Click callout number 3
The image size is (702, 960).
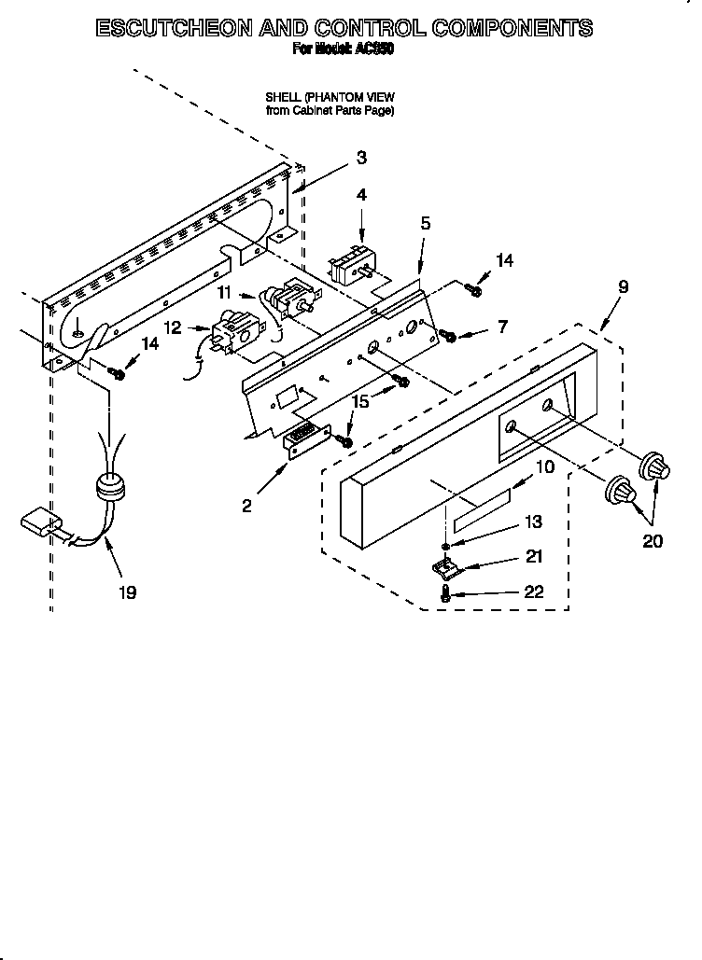pos(360,158)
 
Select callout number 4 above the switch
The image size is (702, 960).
pos(361,195)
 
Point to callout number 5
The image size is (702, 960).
pos(425,223)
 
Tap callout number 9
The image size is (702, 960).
pos(623,287)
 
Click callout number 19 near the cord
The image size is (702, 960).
pos(127,591)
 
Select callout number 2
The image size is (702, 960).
pos(246,506)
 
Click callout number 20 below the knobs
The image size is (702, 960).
pos(653,540)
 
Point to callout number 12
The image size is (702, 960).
pos(173,328)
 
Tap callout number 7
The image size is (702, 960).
pos(502,327)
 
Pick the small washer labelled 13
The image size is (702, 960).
pos(447,547)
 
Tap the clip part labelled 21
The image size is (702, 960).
pos(445,565)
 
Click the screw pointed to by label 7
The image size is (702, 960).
pos(449,335)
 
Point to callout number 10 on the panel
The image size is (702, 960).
pos(543,466)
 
